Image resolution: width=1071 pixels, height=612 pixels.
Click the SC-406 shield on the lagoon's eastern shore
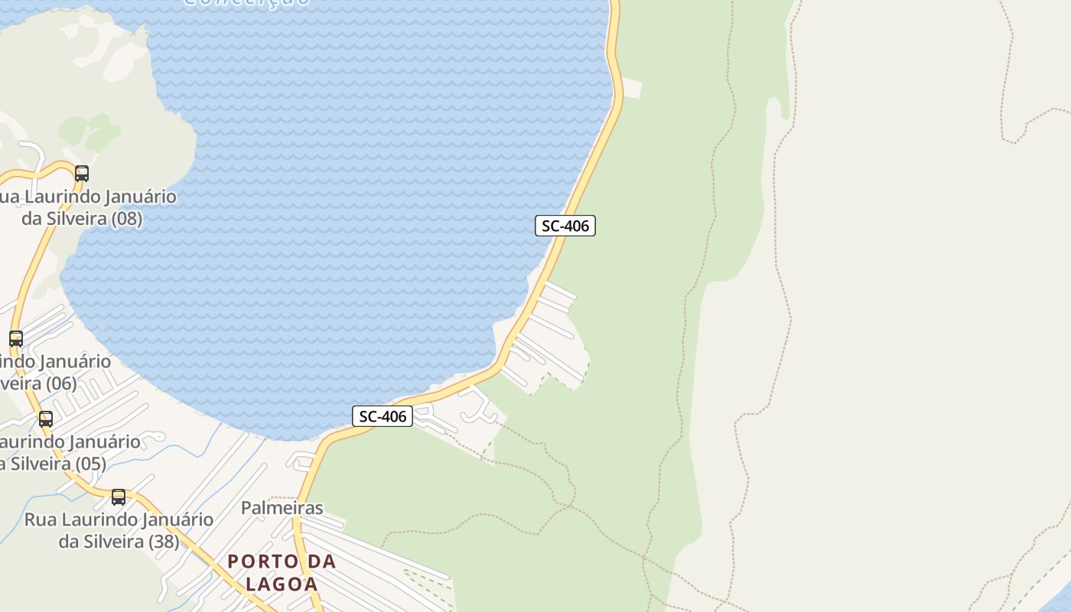[565, 226]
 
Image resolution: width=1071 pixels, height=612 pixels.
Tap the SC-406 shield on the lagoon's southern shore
[382, 416]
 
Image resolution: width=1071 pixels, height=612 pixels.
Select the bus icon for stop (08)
[82, 174]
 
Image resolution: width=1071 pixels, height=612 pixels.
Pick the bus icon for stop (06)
[16, 338]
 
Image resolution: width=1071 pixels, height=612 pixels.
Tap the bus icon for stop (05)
[46, 419]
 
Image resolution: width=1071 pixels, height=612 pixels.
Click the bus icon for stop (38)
[119, 497]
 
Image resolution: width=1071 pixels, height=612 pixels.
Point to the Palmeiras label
[282, 508]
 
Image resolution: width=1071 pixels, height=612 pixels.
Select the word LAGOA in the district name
[282, 584]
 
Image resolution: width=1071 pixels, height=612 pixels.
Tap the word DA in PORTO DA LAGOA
[321, 562]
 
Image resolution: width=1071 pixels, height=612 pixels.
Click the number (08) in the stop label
[126, 219]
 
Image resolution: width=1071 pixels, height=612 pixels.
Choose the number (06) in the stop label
[60, 382]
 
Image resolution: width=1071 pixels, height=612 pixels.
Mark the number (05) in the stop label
[90, 464]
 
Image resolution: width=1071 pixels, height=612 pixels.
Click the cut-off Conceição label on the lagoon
[247, 3]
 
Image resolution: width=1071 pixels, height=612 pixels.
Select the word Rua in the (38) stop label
[41, 520]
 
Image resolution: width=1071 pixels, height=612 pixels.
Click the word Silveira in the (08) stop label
[76, 219]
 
